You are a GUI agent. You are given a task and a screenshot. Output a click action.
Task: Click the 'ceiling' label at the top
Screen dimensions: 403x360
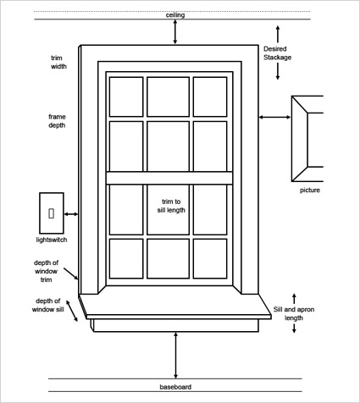[175, 15]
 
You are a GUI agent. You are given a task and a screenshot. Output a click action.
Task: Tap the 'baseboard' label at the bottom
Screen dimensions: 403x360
[175, 387]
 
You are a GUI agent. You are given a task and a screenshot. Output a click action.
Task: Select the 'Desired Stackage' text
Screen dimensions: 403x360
[277, 53]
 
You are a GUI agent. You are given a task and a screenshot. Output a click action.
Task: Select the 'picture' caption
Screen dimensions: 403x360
[309, 190]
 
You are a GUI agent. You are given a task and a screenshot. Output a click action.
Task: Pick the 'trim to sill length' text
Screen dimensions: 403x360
[171, 205]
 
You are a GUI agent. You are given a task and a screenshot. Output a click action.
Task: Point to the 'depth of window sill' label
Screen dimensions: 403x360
[47, 305]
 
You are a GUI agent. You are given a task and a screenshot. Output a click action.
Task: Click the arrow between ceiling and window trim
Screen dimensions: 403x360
[175, 30]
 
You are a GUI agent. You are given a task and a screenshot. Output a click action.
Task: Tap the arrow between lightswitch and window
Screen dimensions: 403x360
[71, 215]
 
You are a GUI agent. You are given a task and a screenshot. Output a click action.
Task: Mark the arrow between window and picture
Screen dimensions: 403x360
[274, 118]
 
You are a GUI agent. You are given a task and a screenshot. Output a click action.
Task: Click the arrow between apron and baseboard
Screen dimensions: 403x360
[175, 356]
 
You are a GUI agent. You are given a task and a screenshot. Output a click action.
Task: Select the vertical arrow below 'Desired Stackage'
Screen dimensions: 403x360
[277, 72]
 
